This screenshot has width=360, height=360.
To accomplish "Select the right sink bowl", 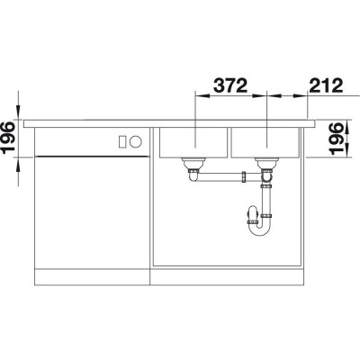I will [265, 143].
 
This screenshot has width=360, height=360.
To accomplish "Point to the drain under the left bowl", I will [191, 165].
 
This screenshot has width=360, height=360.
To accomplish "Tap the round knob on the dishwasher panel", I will [135, 140].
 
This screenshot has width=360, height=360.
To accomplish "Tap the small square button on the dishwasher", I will [121, 140].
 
